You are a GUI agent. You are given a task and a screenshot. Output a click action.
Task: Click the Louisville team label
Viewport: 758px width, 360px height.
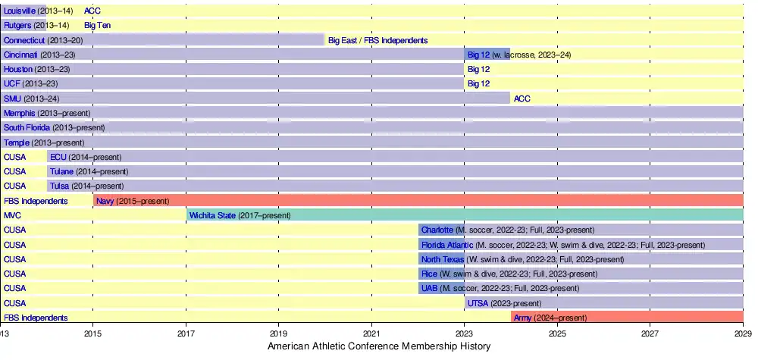[20, 11]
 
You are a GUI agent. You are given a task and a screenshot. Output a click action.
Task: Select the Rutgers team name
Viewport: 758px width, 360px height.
[17, 25]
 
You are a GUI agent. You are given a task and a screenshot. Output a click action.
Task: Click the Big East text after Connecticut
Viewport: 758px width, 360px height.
[342, 40]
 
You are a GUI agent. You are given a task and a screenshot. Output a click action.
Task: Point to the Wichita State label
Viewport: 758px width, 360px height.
[212, 215]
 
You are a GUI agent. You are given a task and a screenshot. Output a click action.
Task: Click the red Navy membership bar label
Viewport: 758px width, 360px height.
[105, 201]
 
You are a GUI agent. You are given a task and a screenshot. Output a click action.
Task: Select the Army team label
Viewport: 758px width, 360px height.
[522, 318]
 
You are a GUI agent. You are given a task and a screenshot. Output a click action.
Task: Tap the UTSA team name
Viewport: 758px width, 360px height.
[478, 303]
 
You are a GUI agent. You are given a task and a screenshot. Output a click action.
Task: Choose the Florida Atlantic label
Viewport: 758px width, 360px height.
[446, 245]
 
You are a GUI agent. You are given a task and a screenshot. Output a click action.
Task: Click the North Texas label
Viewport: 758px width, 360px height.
[442, 259]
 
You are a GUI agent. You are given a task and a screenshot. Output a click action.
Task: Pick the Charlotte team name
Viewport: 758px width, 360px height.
[437, 230]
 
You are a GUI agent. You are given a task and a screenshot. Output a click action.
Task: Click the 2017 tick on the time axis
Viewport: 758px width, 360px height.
[186, 333]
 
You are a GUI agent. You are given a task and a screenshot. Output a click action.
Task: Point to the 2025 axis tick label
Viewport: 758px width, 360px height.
[557, 333]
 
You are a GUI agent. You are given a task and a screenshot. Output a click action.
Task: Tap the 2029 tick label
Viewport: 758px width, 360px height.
[743, 333]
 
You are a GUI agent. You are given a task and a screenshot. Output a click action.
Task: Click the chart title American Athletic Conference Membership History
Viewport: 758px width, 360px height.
[379, 346]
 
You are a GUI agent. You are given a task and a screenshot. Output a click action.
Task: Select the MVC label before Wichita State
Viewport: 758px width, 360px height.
[13, 215]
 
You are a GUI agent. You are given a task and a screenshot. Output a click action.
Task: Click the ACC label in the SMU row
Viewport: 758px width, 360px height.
[522, 99]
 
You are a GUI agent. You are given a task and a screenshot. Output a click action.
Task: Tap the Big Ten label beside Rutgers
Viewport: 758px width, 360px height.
[97, 25]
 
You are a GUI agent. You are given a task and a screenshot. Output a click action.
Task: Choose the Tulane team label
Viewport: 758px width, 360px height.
[61, 171]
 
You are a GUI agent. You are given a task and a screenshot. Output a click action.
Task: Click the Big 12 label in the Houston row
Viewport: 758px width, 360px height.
[478, 69]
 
